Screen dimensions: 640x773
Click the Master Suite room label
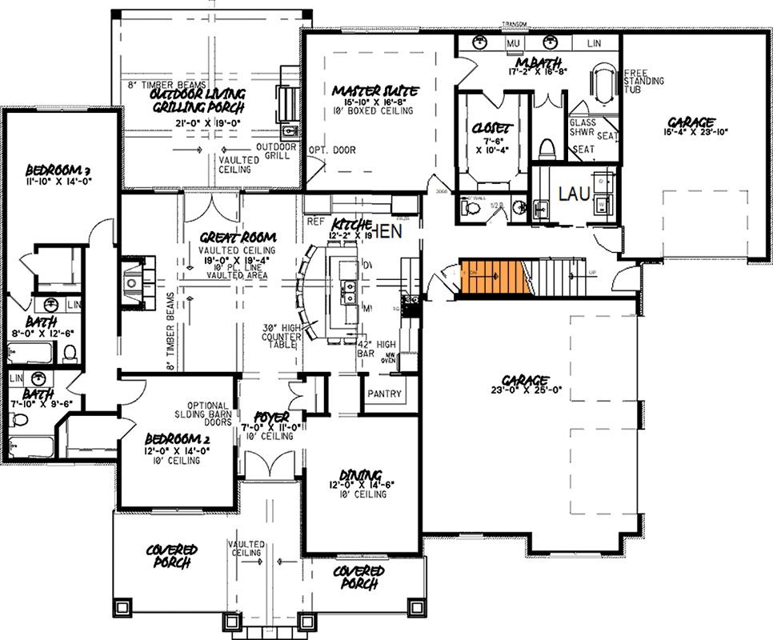click(374, 91)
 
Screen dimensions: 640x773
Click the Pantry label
click(384, 394)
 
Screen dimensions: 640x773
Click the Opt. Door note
click(330, 150)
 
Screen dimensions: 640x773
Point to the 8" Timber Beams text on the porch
click(157, 84)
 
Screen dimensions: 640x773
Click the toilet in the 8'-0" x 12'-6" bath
click(69, 352)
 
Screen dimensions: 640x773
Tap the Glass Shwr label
click(582, 127)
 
